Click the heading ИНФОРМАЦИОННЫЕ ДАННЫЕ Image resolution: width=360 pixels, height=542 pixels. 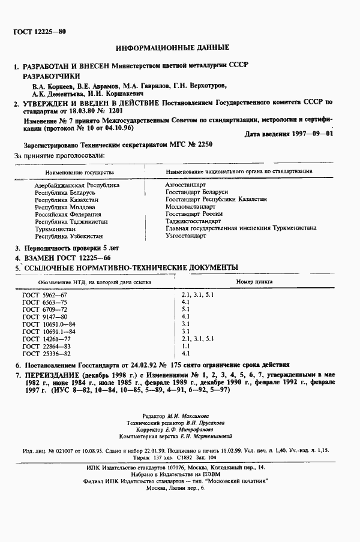(172, 47)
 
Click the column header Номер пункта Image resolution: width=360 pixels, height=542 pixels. (254, 281)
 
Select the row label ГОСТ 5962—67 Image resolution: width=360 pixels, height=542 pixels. (45, 296)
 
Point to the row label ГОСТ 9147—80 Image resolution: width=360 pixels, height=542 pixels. (45, 317)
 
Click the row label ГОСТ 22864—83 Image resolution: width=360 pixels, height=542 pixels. (46, 346)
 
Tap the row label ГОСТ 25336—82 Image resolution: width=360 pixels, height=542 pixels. (46, 353)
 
